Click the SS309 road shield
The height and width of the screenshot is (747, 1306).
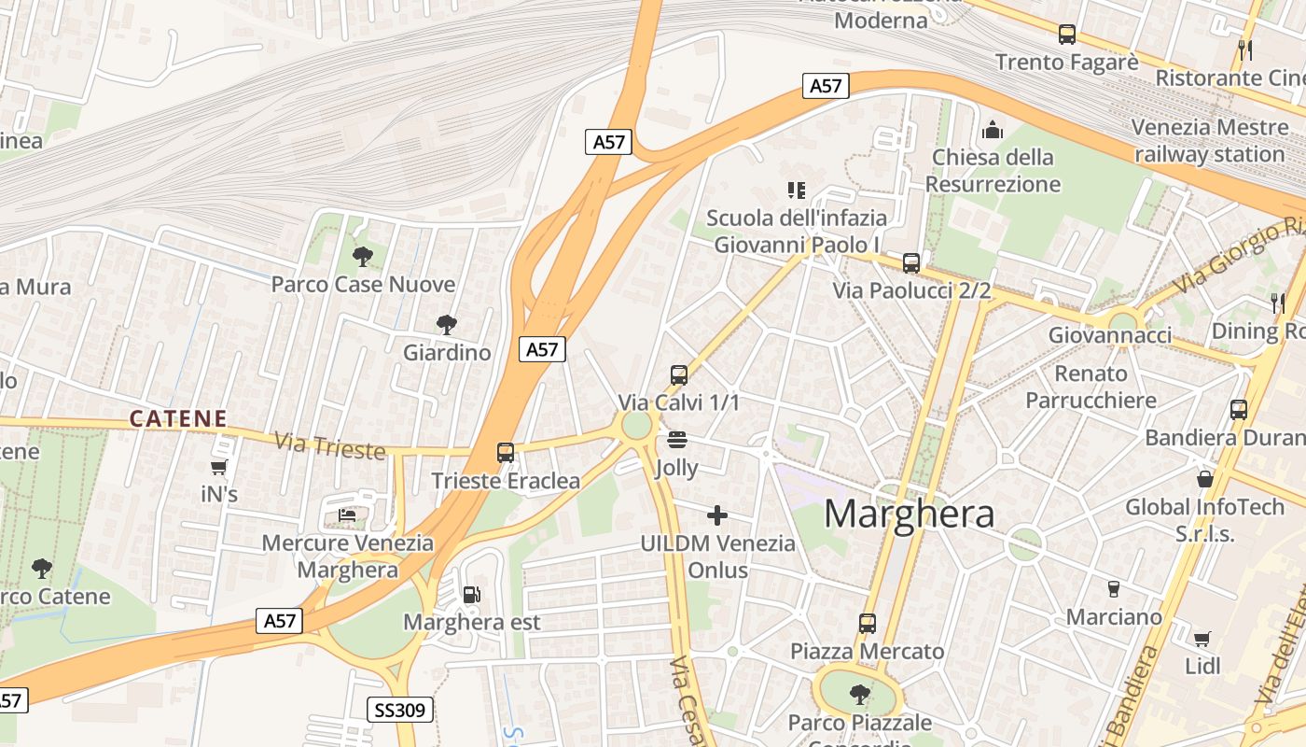(x=400, y=710)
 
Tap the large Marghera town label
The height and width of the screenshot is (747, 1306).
(x=910, y=514)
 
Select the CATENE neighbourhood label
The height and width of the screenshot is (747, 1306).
(x=178, y=418)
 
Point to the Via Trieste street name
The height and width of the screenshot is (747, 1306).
(x=330, y=445)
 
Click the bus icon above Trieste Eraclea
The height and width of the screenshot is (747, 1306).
(x=506, y=453)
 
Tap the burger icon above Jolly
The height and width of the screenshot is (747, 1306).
(x=678, y=439)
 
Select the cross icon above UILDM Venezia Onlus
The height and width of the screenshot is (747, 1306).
(x=717, y=514)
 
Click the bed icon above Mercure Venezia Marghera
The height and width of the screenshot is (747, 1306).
(x=347, y=514)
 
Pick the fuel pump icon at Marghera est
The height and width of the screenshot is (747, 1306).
(x=471, y=594)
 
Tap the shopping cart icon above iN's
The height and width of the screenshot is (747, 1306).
(x=219, y=467)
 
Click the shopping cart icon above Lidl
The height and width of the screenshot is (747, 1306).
(x=1202, y=639)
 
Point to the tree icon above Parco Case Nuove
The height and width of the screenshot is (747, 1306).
(x=363, y=256)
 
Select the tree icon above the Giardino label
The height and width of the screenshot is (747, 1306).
(x=447, y=325)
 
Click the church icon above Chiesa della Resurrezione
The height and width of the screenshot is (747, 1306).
(x=993, y=130)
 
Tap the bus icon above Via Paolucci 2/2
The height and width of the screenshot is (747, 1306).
(x=911, y=263)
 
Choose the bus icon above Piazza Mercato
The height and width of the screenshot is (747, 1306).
(x=868, y=623)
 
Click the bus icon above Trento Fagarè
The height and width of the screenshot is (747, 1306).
(x=1067, y=35)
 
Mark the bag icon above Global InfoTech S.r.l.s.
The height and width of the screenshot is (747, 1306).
(x=1205, y=479)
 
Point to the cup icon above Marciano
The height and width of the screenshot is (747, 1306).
(x=1113, y=588)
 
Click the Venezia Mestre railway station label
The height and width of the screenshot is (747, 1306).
(x=1208, y=140)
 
